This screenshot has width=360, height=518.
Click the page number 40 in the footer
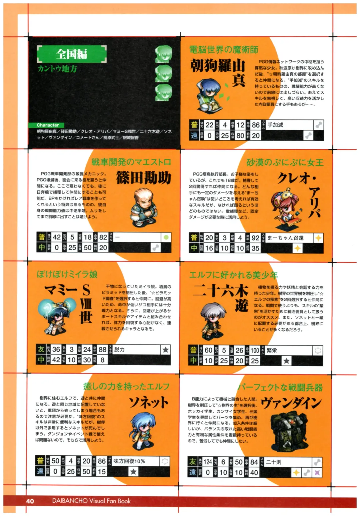point(30,501)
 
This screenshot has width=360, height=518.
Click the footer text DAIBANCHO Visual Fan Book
point(91,501)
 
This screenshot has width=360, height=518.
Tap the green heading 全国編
point(72,54)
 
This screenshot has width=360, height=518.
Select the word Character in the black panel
point(48,125)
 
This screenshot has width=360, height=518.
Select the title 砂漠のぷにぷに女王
point(285,162)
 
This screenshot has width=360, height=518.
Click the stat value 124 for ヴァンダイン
point(208,462)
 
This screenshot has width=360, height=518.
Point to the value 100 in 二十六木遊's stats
point(255,350)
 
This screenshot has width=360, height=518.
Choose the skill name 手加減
point(275,125)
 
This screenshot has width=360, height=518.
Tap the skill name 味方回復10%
point(129,461)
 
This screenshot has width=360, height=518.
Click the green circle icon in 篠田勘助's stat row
point(166,237)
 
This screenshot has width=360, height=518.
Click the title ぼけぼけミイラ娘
point(67,274)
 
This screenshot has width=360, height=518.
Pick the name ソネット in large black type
point(149,403)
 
